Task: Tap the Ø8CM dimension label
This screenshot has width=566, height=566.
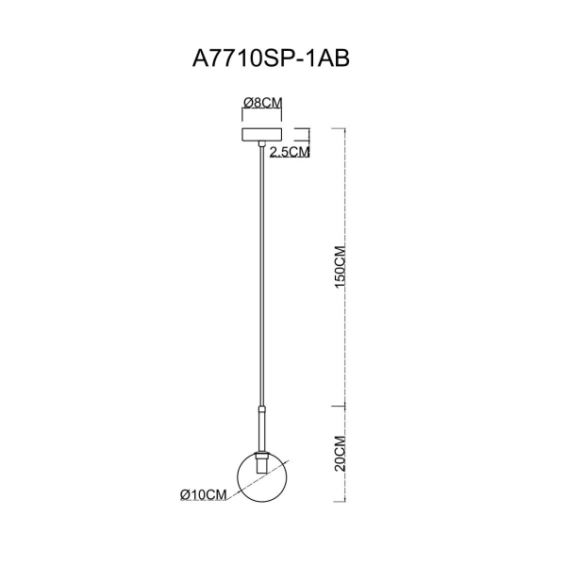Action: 264,102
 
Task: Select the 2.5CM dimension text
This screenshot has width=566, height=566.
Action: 290,151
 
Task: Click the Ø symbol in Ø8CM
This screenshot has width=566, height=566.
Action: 247,102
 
